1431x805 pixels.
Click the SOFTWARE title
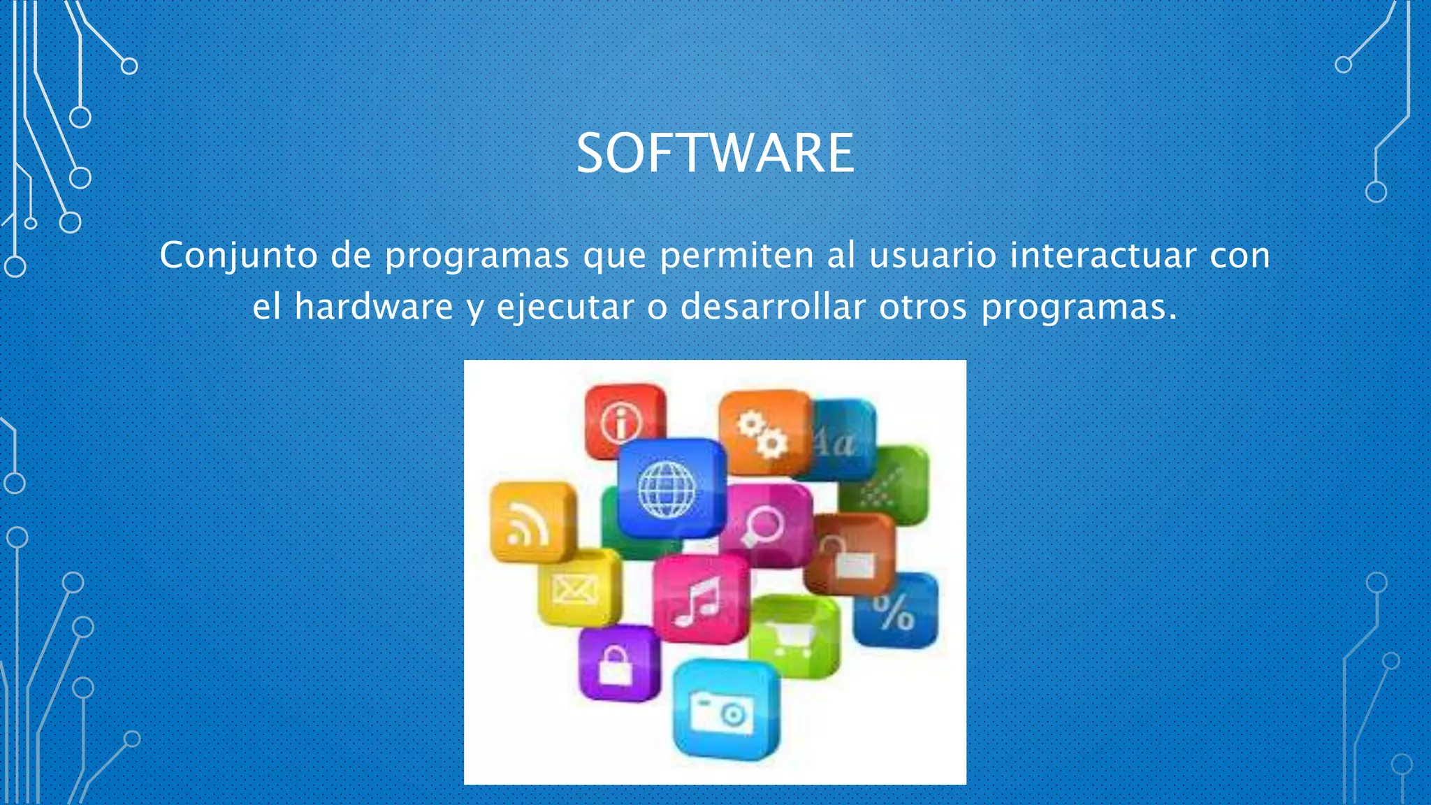(715, 153)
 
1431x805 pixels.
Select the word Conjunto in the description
(239, 255)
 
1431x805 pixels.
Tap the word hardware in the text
(374, 307)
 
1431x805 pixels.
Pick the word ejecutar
(565, 308)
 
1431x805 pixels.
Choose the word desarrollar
(773, 307)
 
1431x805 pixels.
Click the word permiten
(736, 255)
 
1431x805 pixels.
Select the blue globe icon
(669, 488)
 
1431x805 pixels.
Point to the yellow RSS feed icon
(531, 523)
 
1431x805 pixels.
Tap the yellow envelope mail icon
(577, 588)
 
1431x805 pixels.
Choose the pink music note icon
(699, 600)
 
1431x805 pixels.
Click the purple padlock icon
(617, 664)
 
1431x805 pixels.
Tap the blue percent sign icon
(895, 611)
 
